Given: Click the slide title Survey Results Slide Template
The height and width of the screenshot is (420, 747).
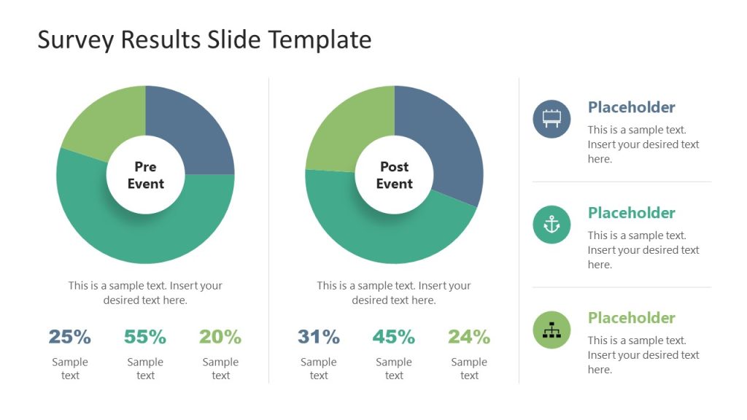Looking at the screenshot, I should (204, 39).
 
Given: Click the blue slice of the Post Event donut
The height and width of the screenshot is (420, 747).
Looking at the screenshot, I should (445, 146).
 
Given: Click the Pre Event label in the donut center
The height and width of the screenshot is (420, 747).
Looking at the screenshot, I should (145, 175).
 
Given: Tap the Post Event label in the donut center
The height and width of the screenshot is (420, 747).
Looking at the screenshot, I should (394, 175).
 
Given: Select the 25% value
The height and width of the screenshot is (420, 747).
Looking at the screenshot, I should (70, 337).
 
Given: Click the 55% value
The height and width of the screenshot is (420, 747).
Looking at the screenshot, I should (145, 337).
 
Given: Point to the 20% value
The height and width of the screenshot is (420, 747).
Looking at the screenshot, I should (220, 337).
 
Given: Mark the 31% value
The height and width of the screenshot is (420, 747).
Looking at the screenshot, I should (319, 337).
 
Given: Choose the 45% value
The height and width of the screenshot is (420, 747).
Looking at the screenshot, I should (394, 337).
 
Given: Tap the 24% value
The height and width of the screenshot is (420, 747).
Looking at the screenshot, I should (469, 337).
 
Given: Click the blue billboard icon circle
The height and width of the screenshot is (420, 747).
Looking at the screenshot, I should (551, 119).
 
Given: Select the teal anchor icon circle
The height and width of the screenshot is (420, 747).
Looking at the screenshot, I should (551, 225).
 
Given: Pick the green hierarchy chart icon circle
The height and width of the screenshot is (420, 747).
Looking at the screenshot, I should (551, 330).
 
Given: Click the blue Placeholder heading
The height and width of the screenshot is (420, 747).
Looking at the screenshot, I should (632, 107).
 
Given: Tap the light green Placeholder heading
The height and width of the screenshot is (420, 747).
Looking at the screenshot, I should (632, 318).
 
